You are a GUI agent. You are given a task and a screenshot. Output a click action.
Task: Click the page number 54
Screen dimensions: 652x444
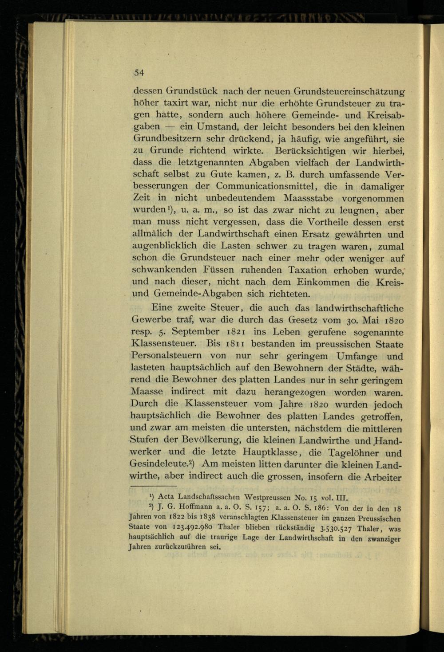(x=139, y=73)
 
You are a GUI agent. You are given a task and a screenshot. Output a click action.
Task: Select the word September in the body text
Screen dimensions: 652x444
(x=196, y=332)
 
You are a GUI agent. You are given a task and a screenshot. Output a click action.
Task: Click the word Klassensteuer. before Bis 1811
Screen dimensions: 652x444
(x=164, y=344)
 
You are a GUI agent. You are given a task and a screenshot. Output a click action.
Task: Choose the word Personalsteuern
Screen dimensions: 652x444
(x=166, y=356)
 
